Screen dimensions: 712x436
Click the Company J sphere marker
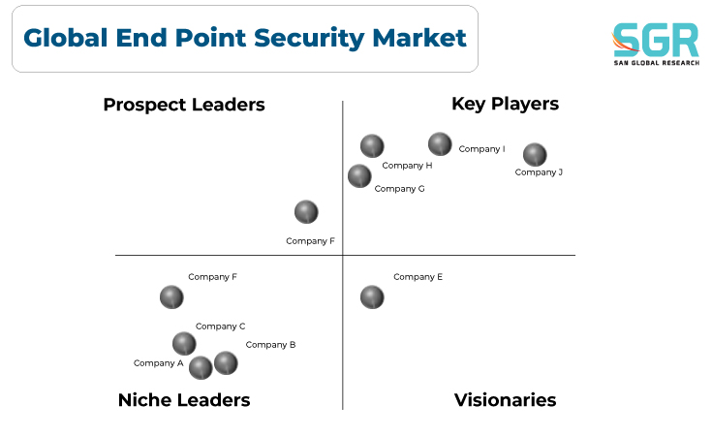pyautogui.click(x=535, y=155)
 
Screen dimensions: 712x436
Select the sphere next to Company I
pyautogui.click(x=440, y=144)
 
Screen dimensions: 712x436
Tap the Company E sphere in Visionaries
pyautogui.click(x=372, y=297)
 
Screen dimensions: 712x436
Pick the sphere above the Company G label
pyautogui.click(x=359, y=176)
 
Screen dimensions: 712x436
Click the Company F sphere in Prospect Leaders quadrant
pyautogui.click(x=306, y=212)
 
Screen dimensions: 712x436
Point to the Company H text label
pyautogui.click(x=407, y=166)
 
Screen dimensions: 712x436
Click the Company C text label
pyautogui.click(x=220, y=327)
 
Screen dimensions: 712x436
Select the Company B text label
pyautogui.click(x=270, y=345)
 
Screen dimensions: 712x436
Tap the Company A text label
pyautogui.click(x=159, y=363)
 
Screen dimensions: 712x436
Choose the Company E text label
pyautogui.click(x=418, y=277)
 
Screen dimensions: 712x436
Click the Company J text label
pyautogui.click(x=539, y=172)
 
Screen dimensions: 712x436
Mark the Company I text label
pyautogui.click(x=481, y=149)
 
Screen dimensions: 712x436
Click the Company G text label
pyautogui.click(x=399, y=189)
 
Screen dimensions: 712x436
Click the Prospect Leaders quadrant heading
pyautogui.click(x=184, y=105)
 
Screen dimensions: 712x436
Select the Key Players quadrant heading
pyautogui.click(x=505, y=104)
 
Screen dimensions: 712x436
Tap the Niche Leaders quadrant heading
pyautogui.click(x=184, y=400)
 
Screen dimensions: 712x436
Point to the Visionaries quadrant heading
pyautogui.click(x=505, y=400)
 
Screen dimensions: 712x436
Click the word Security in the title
pyautogui.click(x=309, y=38)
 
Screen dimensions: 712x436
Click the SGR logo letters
pyautogui.click(x=656, y=40)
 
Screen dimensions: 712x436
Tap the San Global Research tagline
pyautogui.click(x=657, y=63)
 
